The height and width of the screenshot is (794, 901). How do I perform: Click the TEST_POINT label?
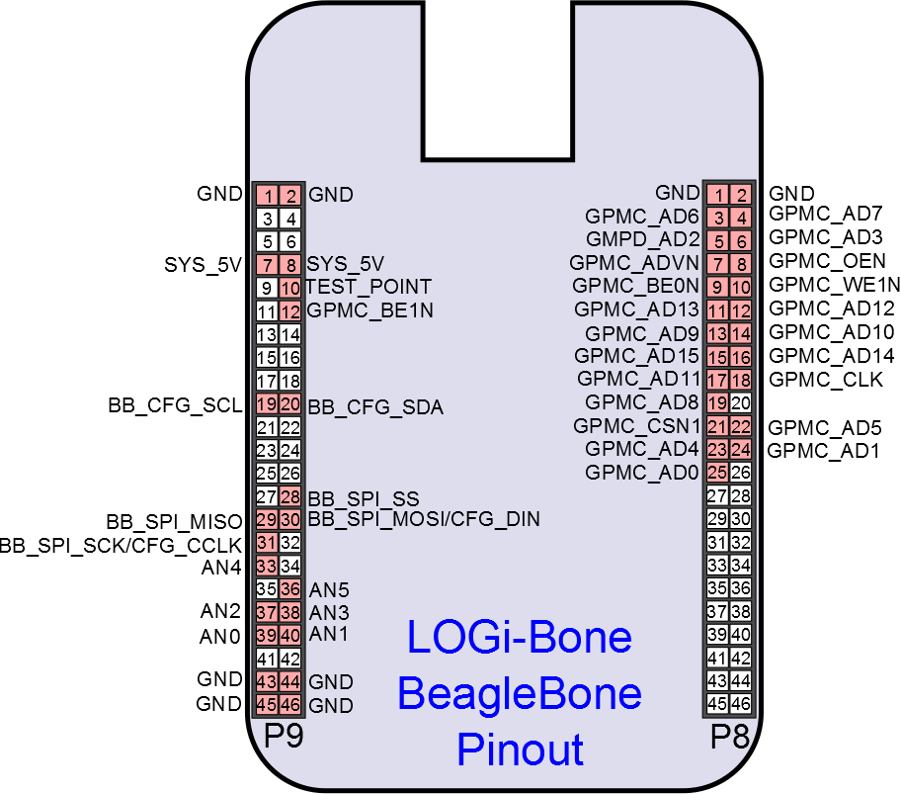[x=369, y=287]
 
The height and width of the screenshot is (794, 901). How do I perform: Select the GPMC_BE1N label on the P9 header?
[x=370, y=310]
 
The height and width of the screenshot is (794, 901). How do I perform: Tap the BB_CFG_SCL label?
[x=175, y=405]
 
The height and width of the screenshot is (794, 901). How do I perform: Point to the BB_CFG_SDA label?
[x=375, y=406]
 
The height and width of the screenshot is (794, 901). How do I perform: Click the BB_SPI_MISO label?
[x=174, y=521]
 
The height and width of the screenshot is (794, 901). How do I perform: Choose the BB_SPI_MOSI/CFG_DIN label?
[x=424, y=518]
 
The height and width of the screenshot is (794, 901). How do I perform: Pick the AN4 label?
[x=221, y=567]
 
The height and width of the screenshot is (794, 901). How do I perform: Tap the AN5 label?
[x=329, y=589]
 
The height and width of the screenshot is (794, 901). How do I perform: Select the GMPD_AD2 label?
[x=642, y=238]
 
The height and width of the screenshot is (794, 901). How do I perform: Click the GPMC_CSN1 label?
[x=637, y=426]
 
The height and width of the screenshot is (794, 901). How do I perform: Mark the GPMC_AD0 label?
[x=642, y=472]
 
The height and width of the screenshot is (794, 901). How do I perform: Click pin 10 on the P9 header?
[x=289, y=288]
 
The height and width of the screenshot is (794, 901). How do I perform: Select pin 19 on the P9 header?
[x=266, y=404]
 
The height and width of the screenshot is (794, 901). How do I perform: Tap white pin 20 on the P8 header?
[x=740, y=402]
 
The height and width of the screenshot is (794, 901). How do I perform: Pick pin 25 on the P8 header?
[x=718, y=473]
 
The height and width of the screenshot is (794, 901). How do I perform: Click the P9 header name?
[x=284, y=737]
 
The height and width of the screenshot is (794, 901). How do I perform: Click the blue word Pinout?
[x=520, y=750]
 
